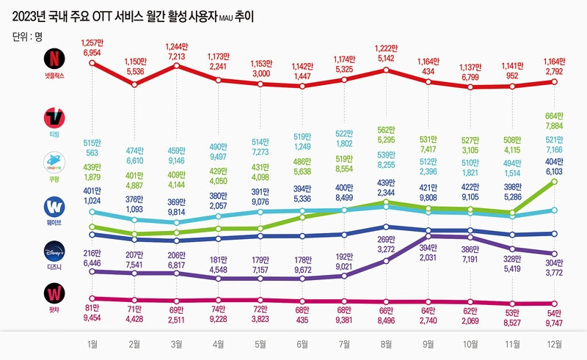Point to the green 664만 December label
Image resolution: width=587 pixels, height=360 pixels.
coord(555,115)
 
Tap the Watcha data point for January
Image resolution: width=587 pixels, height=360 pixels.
coord(92,299)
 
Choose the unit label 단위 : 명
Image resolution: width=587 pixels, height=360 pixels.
coord(29,35)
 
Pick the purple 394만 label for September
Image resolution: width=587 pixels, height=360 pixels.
coord(429,247)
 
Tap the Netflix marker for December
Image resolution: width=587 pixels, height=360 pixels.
coord(555,81)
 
